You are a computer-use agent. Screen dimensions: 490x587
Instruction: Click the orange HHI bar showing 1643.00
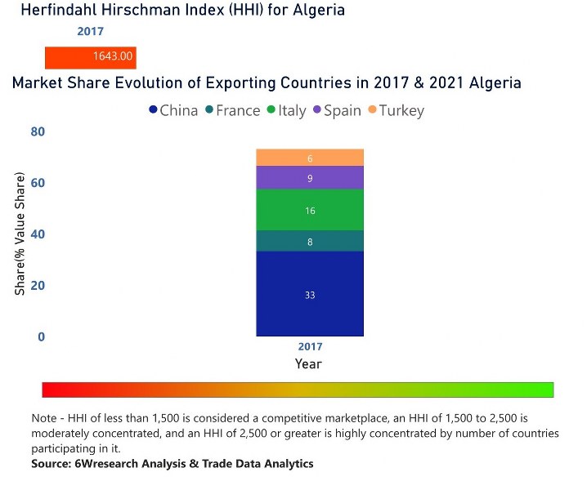(90, 57)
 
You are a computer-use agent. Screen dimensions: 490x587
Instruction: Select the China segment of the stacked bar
(309, 294)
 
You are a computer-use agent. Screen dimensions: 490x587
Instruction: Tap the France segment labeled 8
(309, 241)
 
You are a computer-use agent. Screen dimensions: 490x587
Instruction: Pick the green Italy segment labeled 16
(309, 210)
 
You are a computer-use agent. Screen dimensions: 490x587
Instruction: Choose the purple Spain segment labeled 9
(309, 178)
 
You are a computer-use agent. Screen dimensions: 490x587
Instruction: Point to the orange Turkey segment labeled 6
(309, 158)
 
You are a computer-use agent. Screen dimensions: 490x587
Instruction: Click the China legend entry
(173, 110)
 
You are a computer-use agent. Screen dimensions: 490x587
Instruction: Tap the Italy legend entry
(286, 110)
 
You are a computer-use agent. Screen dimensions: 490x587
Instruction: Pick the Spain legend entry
(336, 110)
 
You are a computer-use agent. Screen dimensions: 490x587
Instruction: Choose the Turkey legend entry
(395, 110)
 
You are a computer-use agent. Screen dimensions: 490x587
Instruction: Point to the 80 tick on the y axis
(38, 131)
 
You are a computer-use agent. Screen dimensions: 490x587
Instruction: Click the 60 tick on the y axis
(38, 183)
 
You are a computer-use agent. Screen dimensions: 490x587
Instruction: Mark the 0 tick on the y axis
(41, 336)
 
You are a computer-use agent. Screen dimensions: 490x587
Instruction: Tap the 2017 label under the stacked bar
(310, 347)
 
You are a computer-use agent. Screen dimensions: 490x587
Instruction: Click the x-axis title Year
(308, 364)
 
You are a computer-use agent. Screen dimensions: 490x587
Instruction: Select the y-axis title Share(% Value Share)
(20, 234)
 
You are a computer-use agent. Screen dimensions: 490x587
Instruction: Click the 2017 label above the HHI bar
(90, 32)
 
